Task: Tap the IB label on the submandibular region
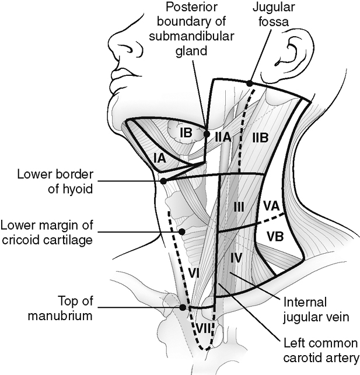point(186,133)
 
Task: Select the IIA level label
point(222,137)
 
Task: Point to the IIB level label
point(260,138)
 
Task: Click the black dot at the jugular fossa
point(250,83)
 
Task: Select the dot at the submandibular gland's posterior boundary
point(207,134)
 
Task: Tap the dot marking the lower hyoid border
point(163,181)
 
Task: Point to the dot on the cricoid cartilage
point(182,232)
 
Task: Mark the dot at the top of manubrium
point(183,307)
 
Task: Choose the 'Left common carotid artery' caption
point(319,349)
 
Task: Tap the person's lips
point(121,75)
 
